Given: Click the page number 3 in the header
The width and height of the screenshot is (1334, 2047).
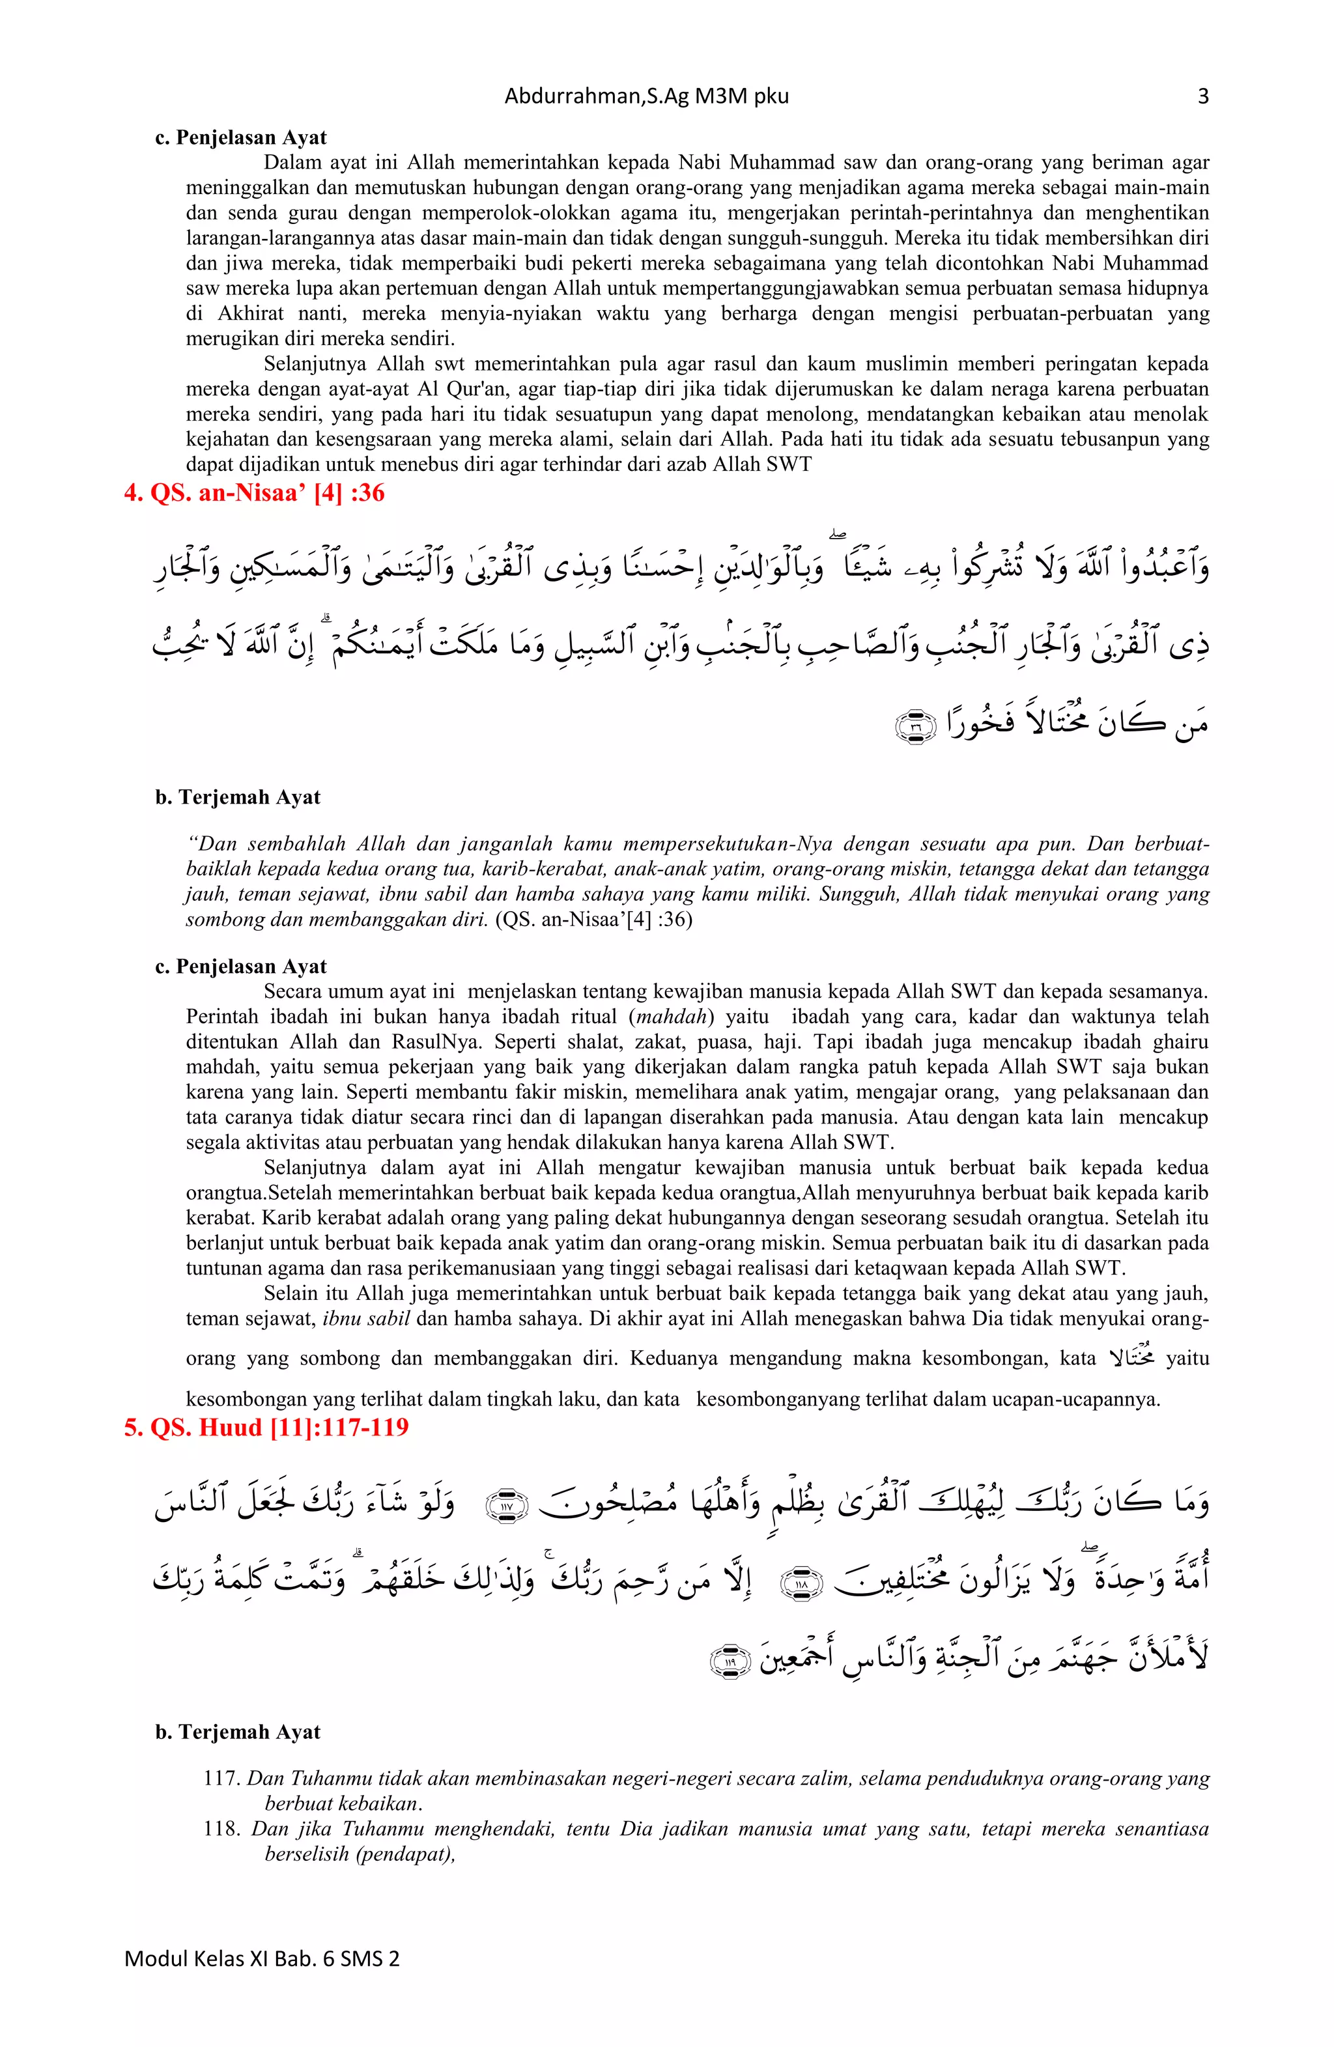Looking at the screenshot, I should tap(1202, 96).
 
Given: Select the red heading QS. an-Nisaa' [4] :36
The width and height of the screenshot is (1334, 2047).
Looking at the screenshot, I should tap(255, 494).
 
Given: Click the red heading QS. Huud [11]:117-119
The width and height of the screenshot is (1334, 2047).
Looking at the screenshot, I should tap(266, 1428).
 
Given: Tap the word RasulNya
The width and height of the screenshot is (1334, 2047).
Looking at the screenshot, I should tap(429, 1041).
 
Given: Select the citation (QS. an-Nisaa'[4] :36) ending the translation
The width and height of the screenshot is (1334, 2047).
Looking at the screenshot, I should tap(594, 920).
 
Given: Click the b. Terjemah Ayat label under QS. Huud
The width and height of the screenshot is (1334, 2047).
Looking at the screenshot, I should tap(237, 1731).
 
